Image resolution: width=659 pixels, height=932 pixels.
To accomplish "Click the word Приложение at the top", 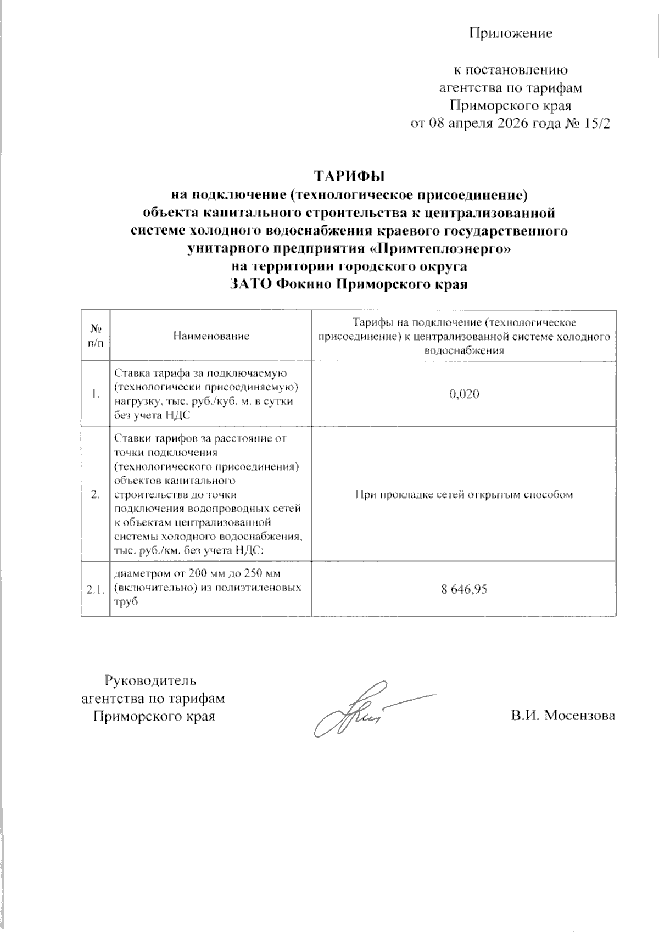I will (x=510, y=34).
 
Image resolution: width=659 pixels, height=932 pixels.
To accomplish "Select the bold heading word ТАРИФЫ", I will (x=349, y=176).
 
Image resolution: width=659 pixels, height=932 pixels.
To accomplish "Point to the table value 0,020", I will (x=464, y=394).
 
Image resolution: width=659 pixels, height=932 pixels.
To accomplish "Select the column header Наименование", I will (x=211, y=336).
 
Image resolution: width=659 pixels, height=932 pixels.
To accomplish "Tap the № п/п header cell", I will (x=96, y=336).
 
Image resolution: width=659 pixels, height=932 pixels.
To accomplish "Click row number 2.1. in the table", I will (x=96, y=590).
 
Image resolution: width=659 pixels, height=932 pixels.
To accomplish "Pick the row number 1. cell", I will (x=96, y=394).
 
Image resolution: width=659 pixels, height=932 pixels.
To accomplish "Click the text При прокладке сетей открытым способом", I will (x=464, y=494).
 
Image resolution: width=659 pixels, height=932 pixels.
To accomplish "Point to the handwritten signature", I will (x=362, y=708).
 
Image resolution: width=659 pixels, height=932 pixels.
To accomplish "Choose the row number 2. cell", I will (x=96, y=494).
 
